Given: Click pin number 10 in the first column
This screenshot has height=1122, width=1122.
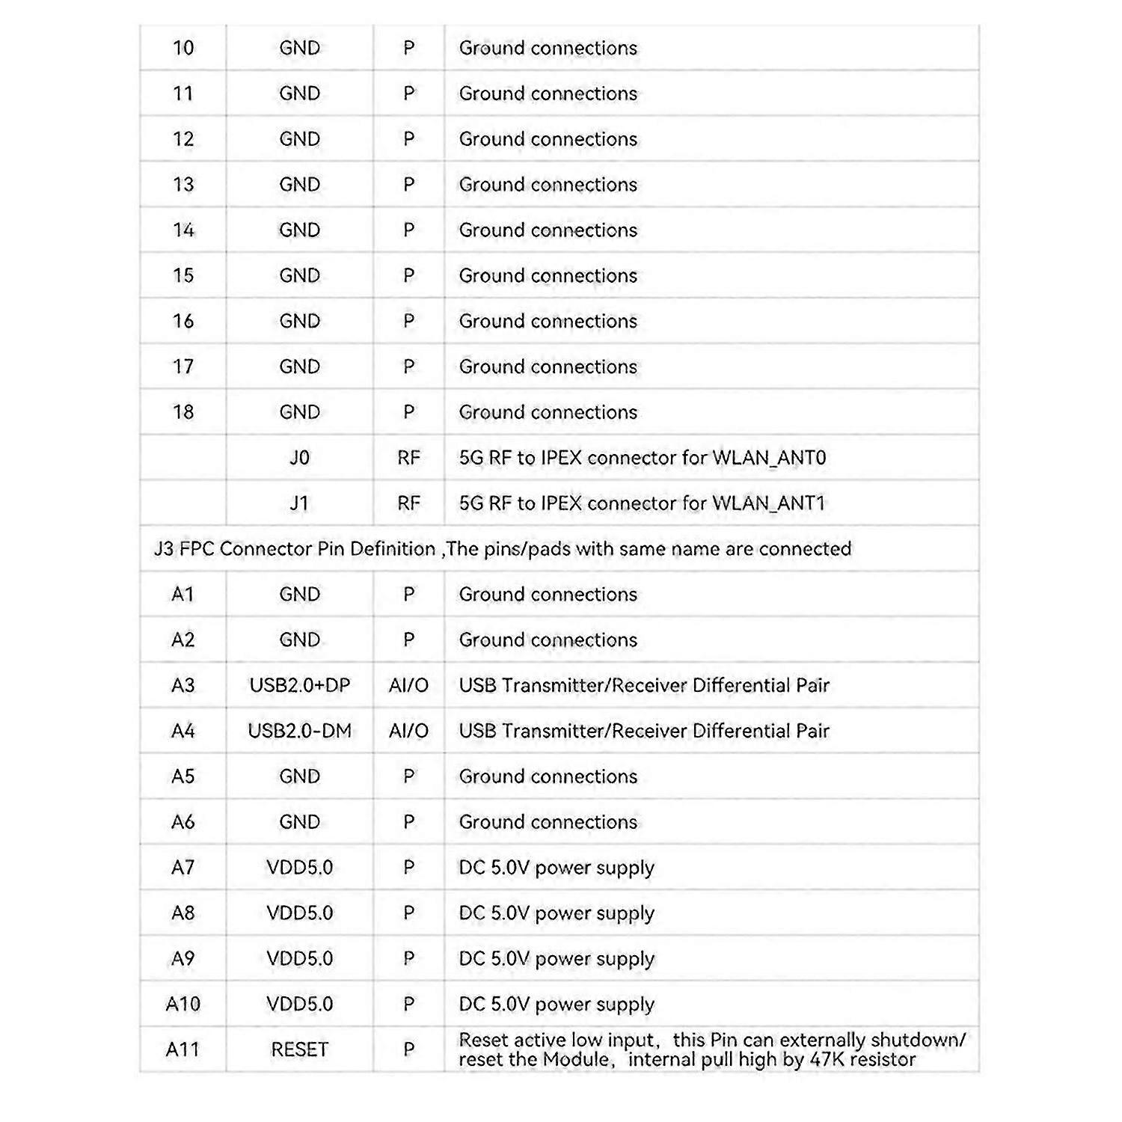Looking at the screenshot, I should (x=183, y=48).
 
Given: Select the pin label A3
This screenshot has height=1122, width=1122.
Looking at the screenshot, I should (x=183, y=685).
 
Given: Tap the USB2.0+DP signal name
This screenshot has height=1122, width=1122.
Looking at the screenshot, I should (x=300, y=685).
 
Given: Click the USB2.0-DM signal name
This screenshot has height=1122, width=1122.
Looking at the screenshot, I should (x=300, y=731).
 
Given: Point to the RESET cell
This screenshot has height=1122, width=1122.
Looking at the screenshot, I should (x=300, y=1049).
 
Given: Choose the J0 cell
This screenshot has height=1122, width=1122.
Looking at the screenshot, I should (x=300, y=458).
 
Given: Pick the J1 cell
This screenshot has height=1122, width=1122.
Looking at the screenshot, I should (x=300, y=503).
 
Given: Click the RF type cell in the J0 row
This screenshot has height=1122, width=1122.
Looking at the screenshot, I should (x=408, y=458).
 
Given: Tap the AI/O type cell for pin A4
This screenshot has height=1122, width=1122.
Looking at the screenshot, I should (x=408, y=731).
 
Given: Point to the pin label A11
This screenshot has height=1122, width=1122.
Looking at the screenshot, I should (x=183, y=1049).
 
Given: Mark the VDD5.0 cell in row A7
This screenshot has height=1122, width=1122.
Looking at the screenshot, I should (x=300, y=868).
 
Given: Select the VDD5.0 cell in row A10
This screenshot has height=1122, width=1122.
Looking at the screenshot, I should (x=300, y=1004).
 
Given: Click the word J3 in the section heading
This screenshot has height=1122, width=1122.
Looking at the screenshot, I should (x=164, y=549).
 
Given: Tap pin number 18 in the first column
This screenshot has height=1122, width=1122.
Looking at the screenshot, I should (x=183, y=412).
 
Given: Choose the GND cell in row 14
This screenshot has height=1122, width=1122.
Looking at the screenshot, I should (x=300, y=230).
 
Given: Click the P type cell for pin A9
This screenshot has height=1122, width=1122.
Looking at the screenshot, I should (x=408, y=958).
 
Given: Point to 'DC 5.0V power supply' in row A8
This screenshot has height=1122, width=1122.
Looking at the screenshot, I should (x=557, y=913).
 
